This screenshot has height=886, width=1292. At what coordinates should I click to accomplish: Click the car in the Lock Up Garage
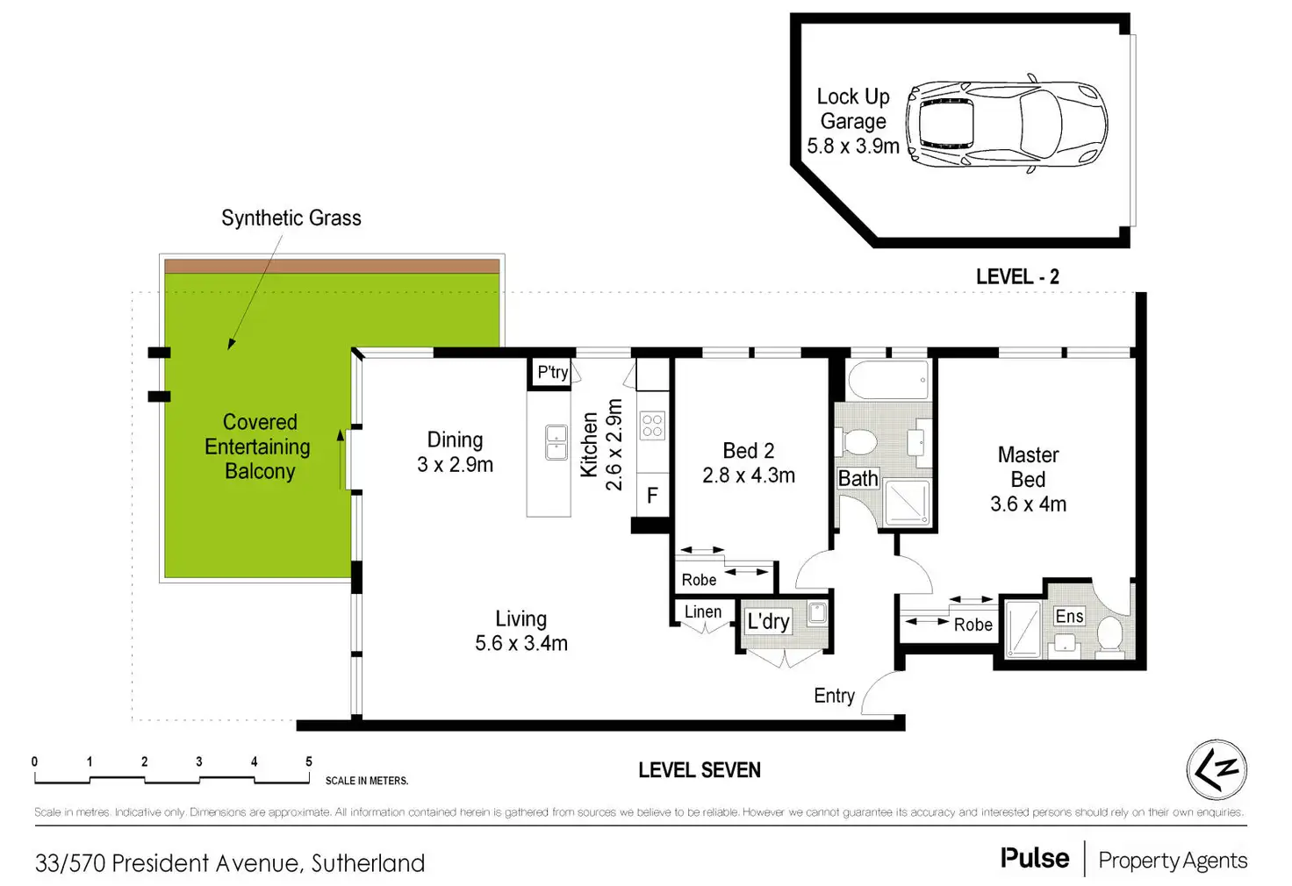pos(1006,124)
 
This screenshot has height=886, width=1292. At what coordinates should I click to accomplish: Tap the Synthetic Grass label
pos(291,218)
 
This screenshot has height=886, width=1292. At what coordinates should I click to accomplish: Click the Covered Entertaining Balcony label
pos(258,447)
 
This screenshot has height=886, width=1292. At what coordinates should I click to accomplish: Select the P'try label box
pos(553,372)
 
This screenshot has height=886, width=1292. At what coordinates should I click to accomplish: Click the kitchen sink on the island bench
pos(556,442)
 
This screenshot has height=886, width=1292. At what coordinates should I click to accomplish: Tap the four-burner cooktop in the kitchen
pos(652,426)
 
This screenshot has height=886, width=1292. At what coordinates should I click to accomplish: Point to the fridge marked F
pos(652,496)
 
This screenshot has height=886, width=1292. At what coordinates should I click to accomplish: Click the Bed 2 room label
pos(748,462)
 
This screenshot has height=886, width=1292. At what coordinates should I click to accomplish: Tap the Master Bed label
pos(1028,479)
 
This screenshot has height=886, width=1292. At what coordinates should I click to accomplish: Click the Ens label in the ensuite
pos(1069,616)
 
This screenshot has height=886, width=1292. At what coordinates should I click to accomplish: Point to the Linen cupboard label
pos(703,611)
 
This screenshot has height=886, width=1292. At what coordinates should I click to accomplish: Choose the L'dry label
pos(768,621)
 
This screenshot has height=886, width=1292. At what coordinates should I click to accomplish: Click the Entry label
pos(834,696)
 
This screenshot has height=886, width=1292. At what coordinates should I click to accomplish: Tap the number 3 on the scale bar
pos(199,761)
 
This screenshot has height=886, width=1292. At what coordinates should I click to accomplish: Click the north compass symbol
pos(1217,769)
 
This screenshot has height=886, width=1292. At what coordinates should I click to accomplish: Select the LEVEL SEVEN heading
pos(700,770)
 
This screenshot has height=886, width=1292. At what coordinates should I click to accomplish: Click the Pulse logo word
pos(1035,858)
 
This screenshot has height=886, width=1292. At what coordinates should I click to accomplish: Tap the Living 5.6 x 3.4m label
pos(521,631)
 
